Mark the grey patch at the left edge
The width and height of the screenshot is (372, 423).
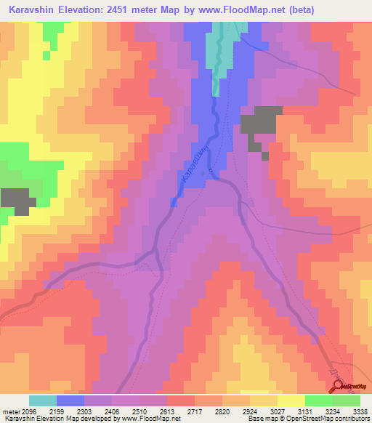click(17, 200)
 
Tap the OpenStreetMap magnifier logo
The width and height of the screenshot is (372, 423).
click(339, 386)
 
